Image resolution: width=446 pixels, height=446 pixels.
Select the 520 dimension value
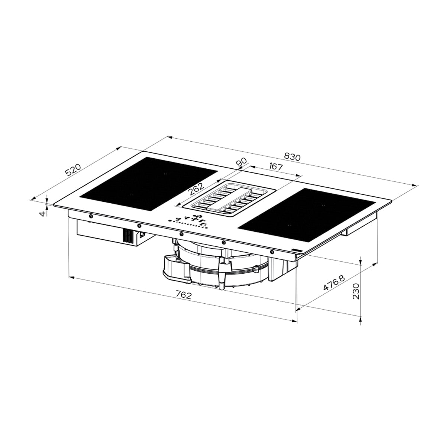point(73,170)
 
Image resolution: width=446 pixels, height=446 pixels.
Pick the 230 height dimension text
point(356,291)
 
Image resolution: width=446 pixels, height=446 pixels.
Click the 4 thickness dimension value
point(43,213)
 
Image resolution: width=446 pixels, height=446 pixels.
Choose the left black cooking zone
point(149,183)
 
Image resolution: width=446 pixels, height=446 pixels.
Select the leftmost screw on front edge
point(91,216)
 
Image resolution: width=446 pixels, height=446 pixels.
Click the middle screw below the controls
point(181,234)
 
